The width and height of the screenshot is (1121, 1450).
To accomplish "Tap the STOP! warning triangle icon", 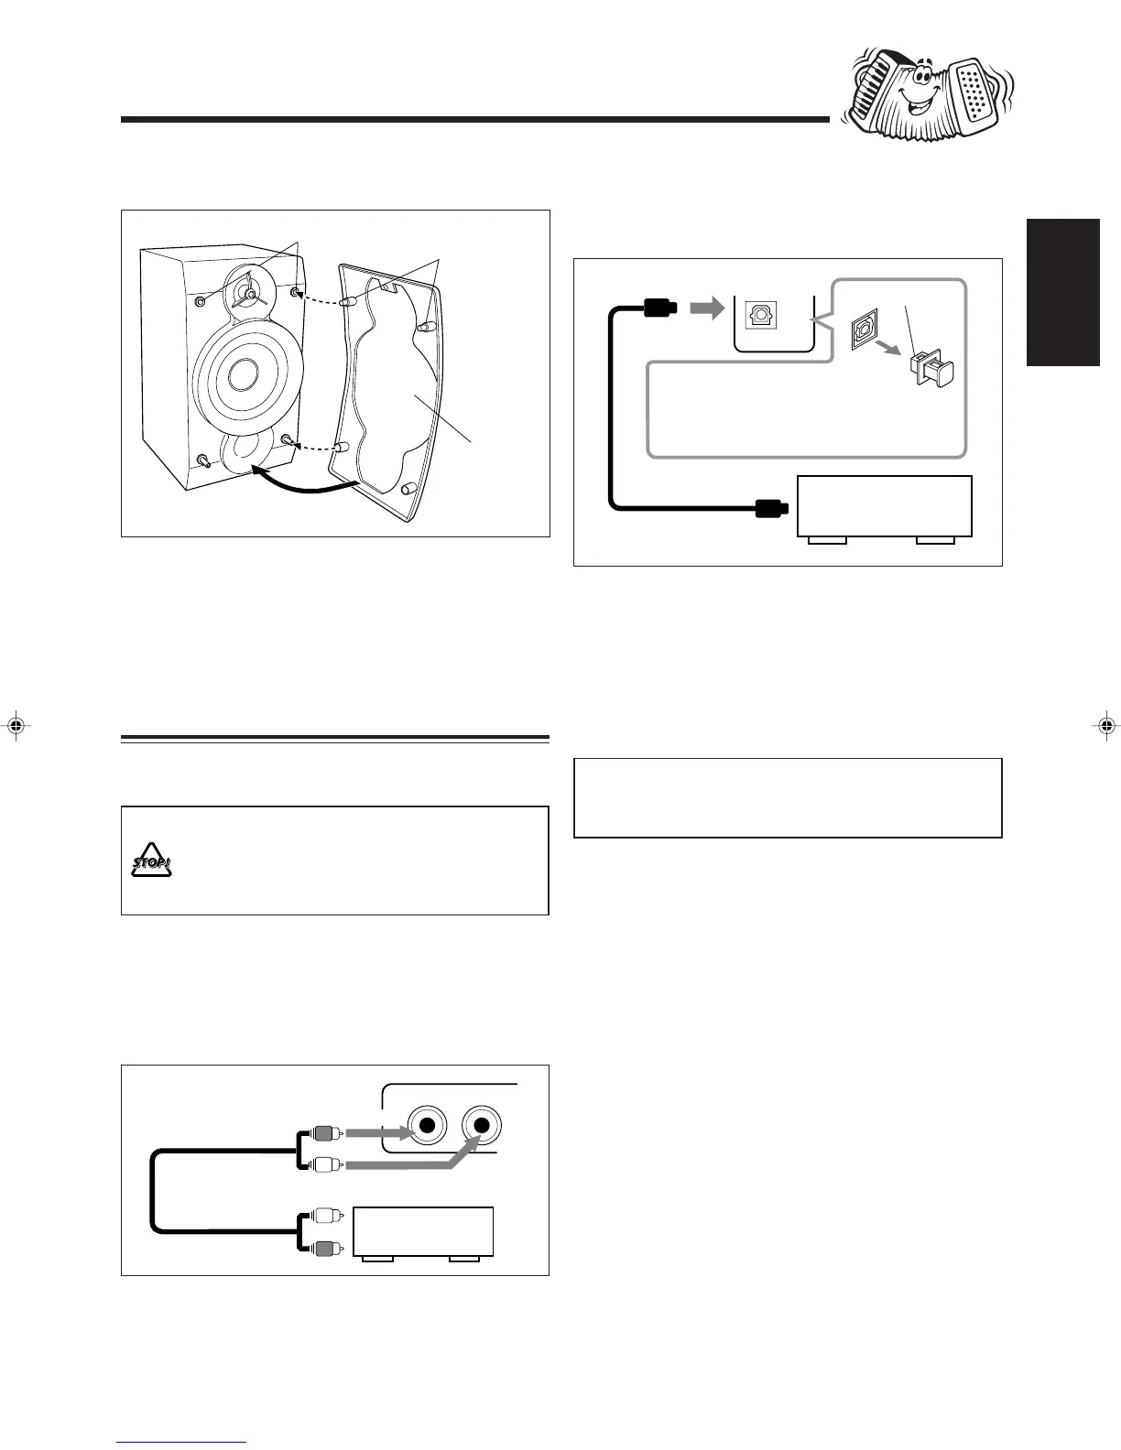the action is pyautogui.click(x=150, y=860).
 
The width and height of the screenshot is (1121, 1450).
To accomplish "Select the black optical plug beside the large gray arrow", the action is pyautogui.click(x=660, y=308).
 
